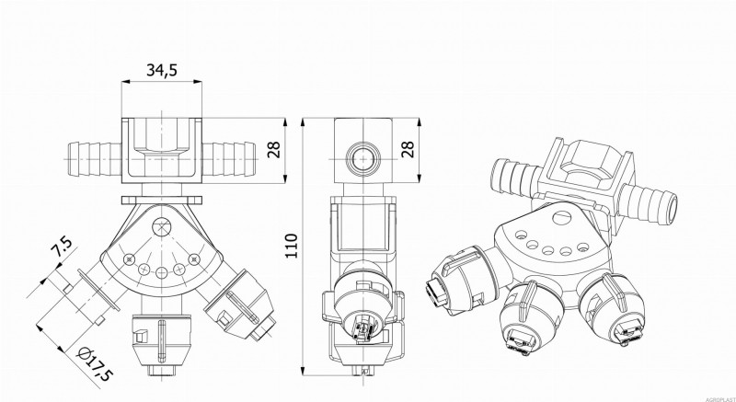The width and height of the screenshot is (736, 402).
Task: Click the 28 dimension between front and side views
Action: coord(273,151)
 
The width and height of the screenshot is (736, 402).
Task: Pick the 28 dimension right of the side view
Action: coord(410,150)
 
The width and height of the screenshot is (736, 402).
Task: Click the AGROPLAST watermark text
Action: coord(714,396)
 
